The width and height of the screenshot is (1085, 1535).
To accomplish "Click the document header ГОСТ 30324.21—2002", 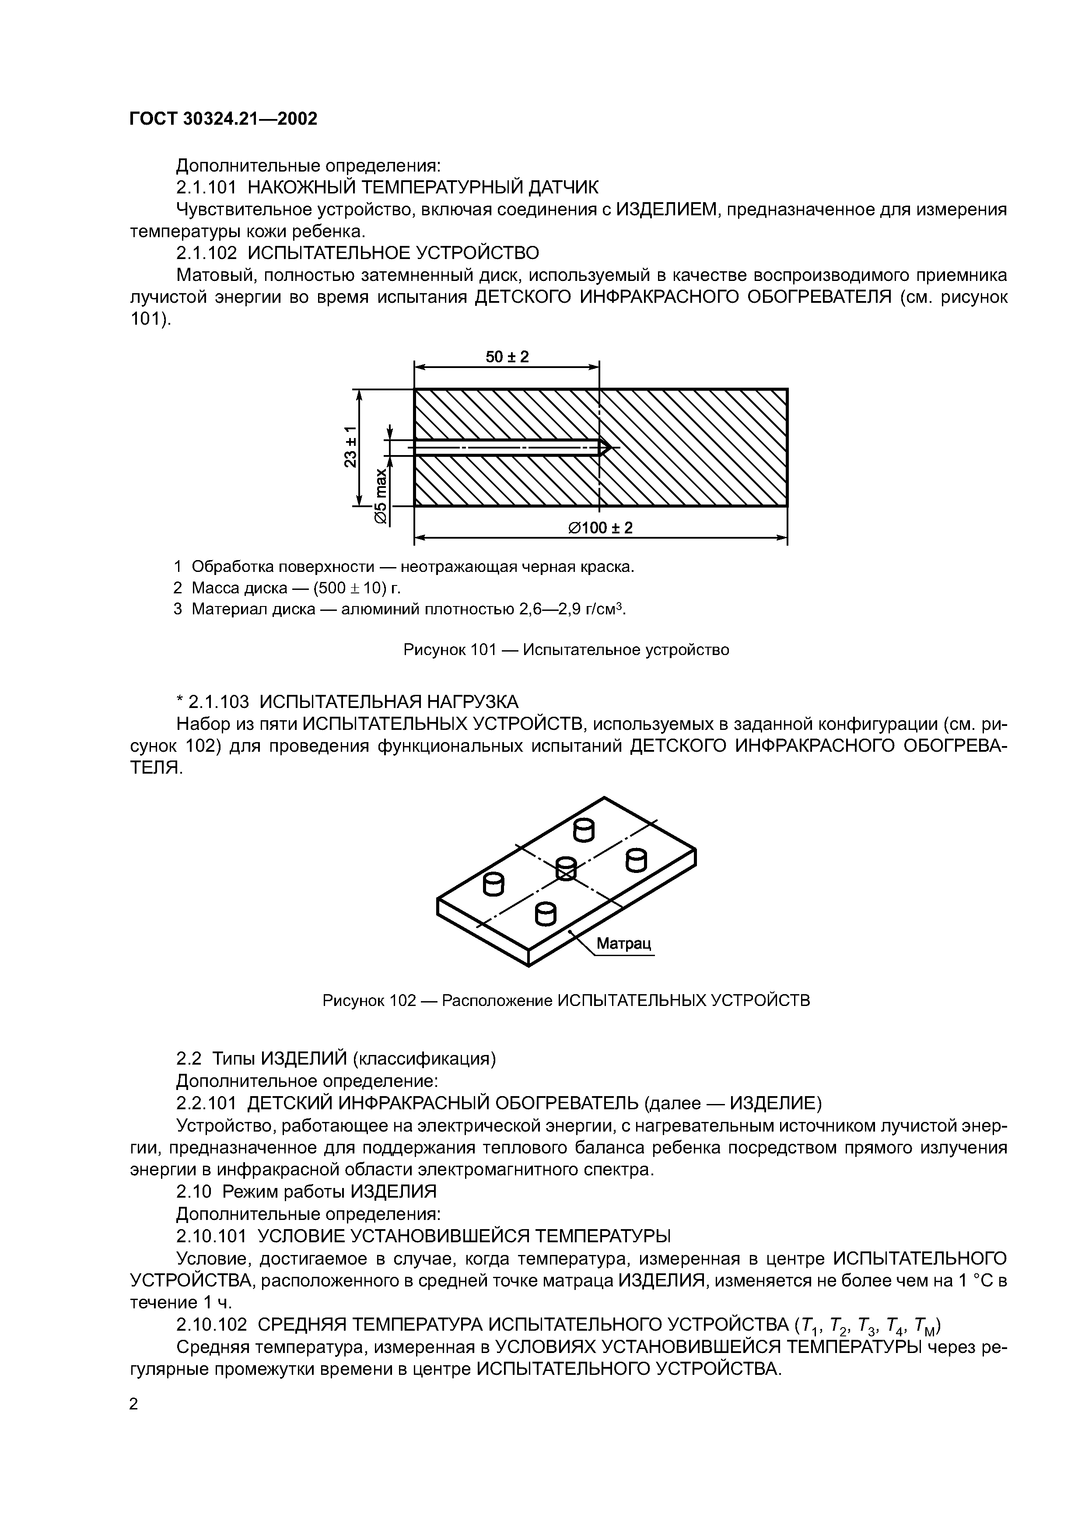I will click(223, 119).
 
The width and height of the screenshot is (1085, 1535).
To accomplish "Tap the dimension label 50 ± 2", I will click(507, 357).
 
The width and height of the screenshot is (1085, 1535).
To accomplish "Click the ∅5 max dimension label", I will click(380, 495).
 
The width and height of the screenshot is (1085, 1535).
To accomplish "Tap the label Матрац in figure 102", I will click(623, 943).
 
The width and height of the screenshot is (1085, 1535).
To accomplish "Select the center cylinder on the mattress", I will click(566, 869).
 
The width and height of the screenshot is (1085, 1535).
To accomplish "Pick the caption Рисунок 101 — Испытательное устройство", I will click(566, 650).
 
